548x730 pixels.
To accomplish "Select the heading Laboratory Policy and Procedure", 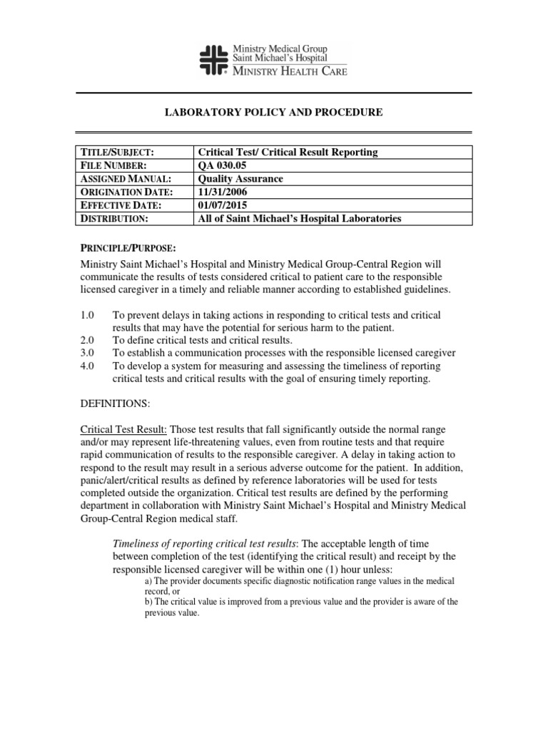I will [x=274, y=113].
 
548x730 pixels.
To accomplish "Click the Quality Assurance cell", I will [x=239, y=179].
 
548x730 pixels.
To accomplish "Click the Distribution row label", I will [x=115, y=218].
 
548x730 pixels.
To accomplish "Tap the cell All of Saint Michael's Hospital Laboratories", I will [x=299, y=218].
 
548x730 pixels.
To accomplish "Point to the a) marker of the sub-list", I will [x=148, y=582].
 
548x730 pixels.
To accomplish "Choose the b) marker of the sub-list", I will [x=148, y=602].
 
